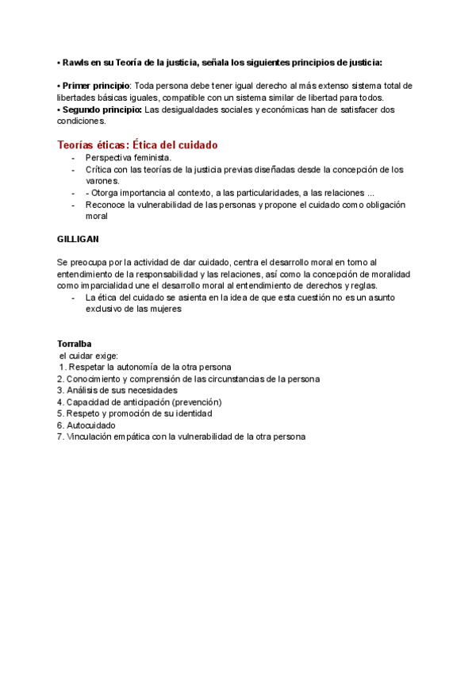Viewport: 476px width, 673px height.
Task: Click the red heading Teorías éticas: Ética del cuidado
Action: pyautogui.click(x=137, y=145)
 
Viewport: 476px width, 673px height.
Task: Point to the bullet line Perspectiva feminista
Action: pyautogui.click(x=128, y=158)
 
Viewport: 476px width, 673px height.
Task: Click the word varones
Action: pyautogui.click(x=102, y=181)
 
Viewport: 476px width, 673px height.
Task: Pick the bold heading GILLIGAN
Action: pyautogui.click(x=79, y=238)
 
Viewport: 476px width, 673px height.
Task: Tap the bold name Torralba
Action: pyautogui.click(x=75, y=344)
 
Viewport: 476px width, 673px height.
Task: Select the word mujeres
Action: pyautogui.click(x=165, y=309)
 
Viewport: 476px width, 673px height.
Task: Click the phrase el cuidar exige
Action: pyautogui.click(x=88, y=356)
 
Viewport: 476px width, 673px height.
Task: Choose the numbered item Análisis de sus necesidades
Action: pyautogui.click(x=121, y=390)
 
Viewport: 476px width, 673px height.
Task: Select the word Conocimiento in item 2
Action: pyautogui.click(x=94, y=379)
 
